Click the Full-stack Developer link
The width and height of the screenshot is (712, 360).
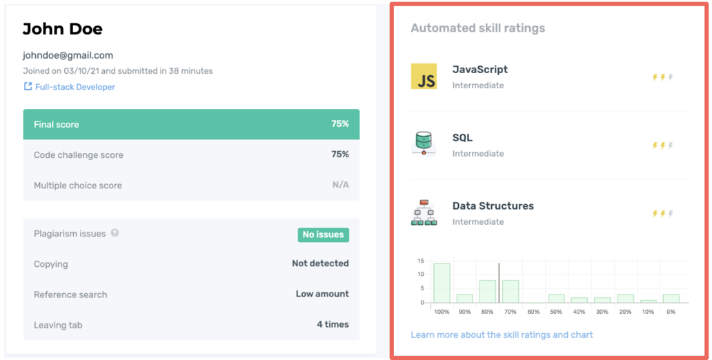[x=75, y=87]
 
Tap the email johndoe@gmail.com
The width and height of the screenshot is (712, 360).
[x=68, y=55]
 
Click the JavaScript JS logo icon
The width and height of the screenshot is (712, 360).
[x=424, y=77]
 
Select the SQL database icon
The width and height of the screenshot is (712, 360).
[x=424, y=143]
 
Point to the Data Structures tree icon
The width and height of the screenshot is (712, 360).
[x=424, y=212]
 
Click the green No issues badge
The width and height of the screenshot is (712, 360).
[x=323, y=234]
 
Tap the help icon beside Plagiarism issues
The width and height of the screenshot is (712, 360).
[x=115, y=233]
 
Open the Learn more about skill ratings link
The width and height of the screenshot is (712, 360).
[x=502, y=335]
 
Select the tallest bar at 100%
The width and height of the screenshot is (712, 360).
[x=442, y=283]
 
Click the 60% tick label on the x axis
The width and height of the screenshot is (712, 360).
[x=533, y=312]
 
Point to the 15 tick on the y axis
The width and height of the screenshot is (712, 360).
[x=420, y=261]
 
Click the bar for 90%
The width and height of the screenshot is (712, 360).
[x=464, y=298]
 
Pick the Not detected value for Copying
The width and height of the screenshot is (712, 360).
[x=320, y=263]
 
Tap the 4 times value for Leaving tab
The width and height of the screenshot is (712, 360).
[x=333, y=324]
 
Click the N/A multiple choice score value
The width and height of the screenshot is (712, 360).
[x=340, y=185]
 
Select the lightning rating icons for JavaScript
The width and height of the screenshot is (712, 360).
[x=662, y=77]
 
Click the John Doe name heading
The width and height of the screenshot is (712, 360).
[x=62, y=29]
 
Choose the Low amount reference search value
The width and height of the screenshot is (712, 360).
[x=322, y=294]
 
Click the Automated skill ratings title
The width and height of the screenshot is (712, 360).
[x=477, y=28]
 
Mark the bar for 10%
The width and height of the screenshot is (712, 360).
[x=648, y=301]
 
